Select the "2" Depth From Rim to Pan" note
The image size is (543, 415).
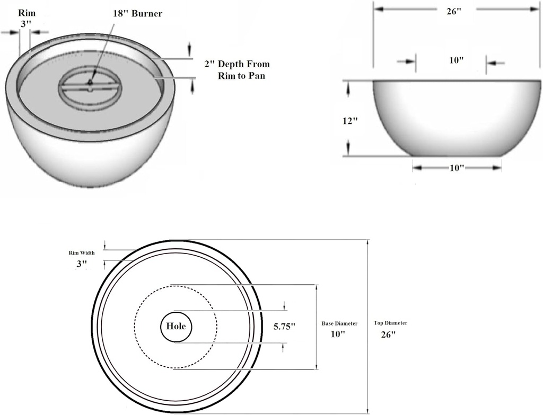[237, 70]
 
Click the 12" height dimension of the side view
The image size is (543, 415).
[350, 120]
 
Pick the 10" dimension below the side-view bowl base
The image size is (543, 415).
[457, 168]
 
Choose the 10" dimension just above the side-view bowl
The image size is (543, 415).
[457, 60]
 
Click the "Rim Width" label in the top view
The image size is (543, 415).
[82, 252]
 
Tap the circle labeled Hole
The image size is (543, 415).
[176, 327]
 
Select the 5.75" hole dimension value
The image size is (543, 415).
[284, 327]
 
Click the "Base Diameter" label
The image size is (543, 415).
[339, 323]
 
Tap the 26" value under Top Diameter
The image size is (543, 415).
[388, 335]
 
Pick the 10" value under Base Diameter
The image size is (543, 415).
[338, 335]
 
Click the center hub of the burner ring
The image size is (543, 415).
[91, 83]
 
